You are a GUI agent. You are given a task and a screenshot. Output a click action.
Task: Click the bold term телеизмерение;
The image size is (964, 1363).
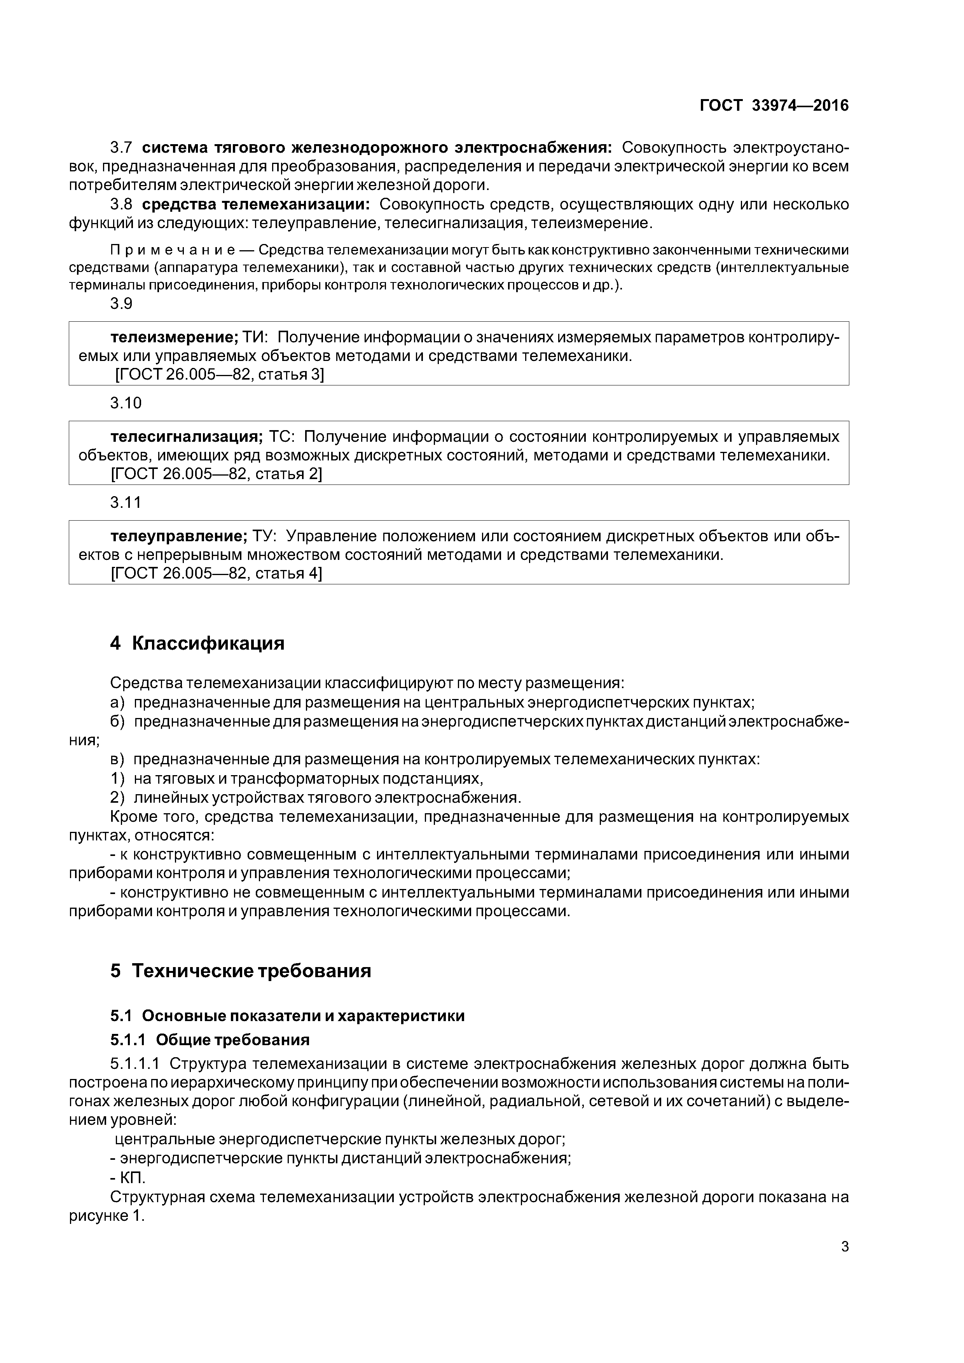click(174, 337)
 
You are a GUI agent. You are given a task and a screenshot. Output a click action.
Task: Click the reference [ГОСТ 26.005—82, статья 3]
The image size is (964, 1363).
click(219, 375)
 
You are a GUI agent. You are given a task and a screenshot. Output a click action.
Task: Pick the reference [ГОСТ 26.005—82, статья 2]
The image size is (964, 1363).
click(217, 474)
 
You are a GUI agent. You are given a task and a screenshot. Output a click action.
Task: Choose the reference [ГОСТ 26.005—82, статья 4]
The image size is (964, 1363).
click(217, 573)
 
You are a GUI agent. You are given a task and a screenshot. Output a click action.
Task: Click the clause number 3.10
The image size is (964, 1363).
click(126, 403)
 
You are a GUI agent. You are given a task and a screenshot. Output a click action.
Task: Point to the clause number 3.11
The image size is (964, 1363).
click(126, 502)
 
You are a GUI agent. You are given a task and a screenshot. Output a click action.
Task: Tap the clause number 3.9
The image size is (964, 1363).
click(121, 303)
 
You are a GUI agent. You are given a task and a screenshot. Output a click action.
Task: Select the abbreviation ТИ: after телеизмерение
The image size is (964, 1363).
click(255, 337)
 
